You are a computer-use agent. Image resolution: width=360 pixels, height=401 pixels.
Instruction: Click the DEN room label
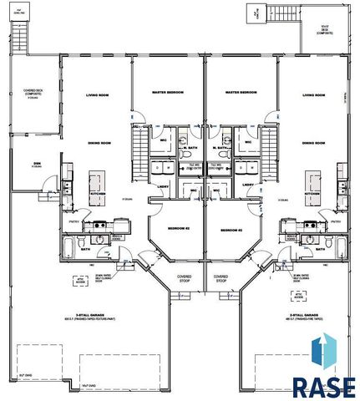tap(38, 163)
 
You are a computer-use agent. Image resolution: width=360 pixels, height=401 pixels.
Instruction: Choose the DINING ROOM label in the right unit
tap(313, 143)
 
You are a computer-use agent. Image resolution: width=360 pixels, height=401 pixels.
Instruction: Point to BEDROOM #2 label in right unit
tap(231, 228)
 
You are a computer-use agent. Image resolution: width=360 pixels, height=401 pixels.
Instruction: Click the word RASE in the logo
tap(322, 386)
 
